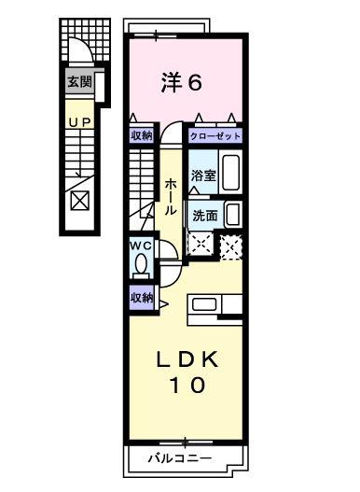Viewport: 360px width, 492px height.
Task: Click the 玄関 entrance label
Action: pos(79,82)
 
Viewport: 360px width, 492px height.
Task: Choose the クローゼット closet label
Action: pos(215,136)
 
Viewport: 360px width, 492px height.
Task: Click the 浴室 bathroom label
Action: pos(203,176)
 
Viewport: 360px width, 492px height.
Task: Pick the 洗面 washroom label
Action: pos(205,215)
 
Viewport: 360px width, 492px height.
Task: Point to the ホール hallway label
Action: pos(172,198)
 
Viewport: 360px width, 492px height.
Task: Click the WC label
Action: pos(140,246)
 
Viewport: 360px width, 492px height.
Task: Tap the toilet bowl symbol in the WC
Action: pos(140,266)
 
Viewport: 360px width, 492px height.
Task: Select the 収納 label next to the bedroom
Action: pos(141,136)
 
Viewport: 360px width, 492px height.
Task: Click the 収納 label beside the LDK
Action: pos(141,298)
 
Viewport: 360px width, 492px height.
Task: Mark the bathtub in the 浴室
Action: pos(232,172)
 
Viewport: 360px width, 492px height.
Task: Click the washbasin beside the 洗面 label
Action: pos(233,214)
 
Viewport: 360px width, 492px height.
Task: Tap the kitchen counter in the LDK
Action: pos(216,304)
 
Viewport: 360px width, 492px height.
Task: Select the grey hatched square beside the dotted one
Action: pos(231,245)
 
